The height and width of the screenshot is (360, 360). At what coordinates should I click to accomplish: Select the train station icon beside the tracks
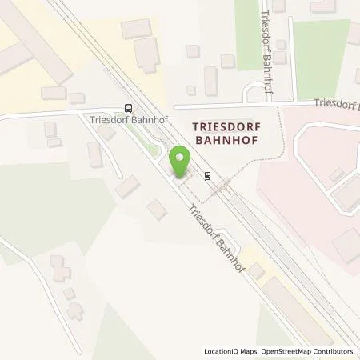[208, 176]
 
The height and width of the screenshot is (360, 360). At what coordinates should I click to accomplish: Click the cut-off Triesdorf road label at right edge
[335, 104]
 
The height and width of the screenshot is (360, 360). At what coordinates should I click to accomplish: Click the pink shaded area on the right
[304, 184]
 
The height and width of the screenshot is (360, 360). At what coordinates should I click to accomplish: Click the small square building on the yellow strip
[255, 272]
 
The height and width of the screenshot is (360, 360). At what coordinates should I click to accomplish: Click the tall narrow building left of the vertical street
[211, 81]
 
